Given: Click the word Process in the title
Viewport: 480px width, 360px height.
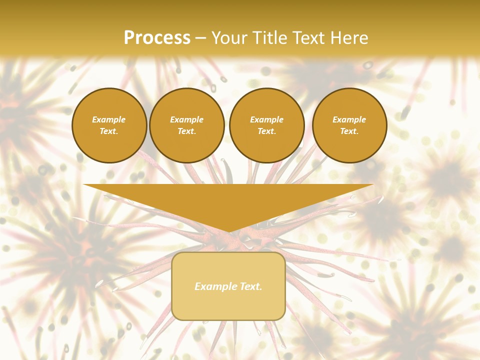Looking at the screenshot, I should click(157, 38).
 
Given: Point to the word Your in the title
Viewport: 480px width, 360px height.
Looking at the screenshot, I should click(230, 38).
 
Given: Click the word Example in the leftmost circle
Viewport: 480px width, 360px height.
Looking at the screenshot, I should click(109, 119).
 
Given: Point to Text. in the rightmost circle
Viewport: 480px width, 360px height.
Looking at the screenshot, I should click(349, 131).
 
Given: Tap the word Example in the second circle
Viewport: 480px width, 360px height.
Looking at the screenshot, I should click(186, 119).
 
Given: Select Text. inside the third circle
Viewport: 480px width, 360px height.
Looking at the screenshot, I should click(266, 131).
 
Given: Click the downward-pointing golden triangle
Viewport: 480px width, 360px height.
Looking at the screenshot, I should click(228, 200).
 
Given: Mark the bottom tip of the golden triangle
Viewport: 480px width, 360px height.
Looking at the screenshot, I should click(228, 231).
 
